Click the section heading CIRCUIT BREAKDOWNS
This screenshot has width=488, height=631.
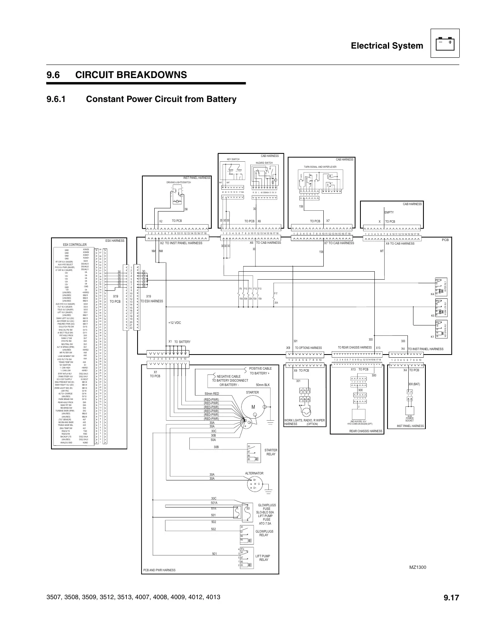click(x=131, y=75)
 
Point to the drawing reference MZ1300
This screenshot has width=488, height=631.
click(x=417, y=567)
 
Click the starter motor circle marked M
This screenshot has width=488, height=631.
click(x=253, y=407)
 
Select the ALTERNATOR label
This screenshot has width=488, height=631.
click(x=254, y=473)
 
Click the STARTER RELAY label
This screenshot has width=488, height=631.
click(x=271, y=452)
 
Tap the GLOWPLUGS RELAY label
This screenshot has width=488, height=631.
click(x=264, y=533)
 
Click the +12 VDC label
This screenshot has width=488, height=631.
click(x=175, y=323)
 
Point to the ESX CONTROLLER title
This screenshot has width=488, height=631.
click(x=75, y=245)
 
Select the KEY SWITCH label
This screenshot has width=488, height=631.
click(x=233, y=159)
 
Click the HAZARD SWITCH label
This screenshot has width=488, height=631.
click(x=264, y=163)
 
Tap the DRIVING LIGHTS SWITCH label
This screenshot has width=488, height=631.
click(x=179, y=182)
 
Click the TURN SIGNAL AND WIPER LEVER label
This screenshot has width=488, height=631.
click(x=320, y=167)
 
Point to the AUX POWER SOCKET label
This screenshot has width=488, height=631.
click(x=409, y=418)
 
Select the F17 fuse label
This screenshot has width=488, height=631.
click(x=275, y=293)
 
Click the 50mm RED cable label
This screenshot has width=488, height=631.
click(x=212, y=394)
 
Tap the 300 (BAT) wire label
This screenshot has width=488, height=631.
click(x=414, y=384)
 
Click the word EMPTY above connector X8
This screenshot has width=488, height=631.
click(x=389, y=212)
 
